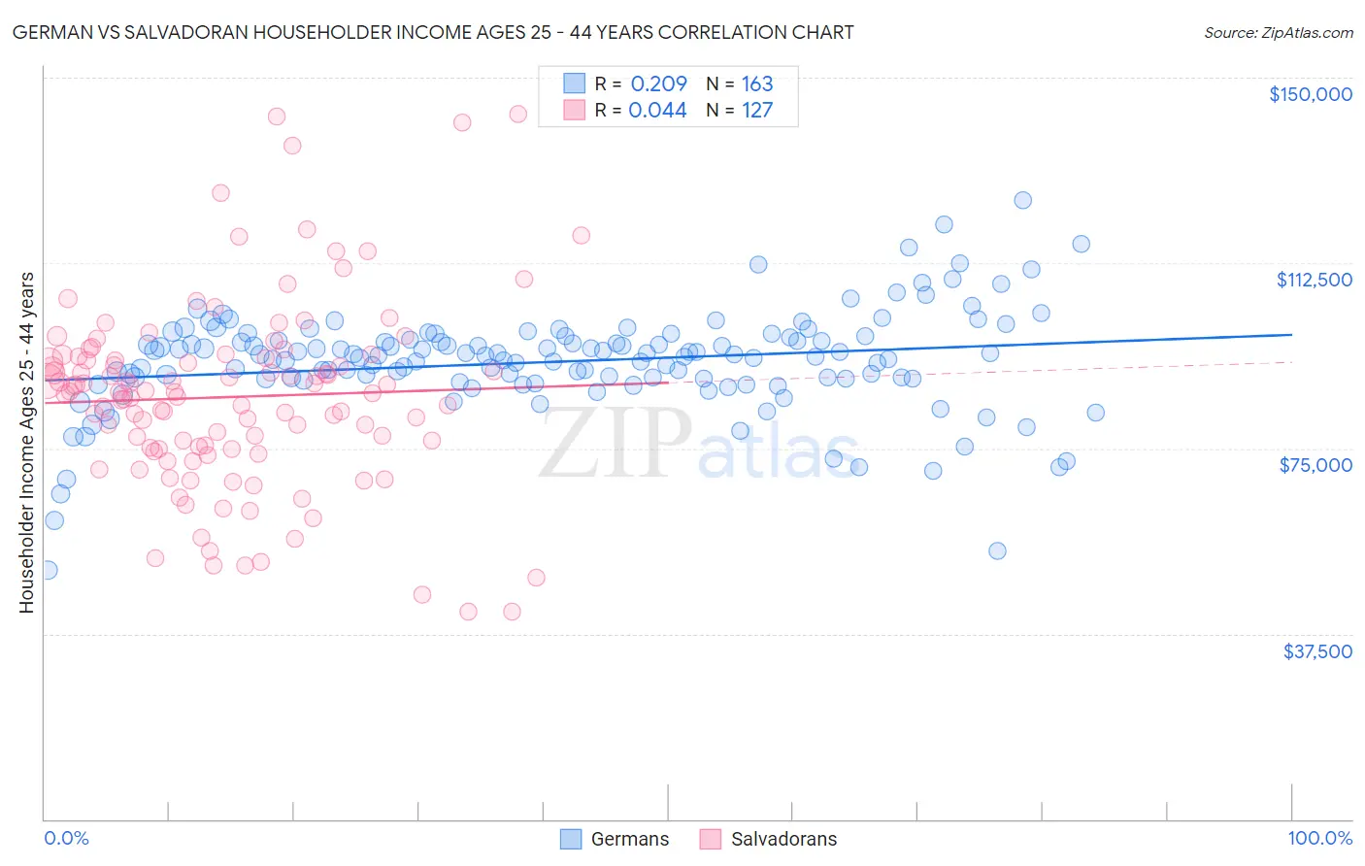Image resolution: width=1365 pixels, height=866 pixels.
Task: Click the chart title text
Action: click(433, 32)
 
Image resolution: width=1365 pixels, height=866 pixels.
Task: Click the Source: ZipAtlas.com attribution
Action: click(1278, 32)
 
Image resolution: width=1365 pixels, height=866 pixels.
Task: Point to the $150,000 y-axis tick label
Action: click(1310, 94)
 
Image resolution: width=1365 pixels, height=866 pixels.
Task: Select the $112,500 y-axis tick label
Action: click(1314, 280)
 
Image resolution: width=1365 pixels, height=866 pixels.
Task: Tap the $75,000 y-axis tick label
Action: click(1315, 465)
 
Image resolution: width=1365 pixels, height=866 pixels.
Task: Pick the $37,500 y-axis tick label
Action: click(1316, 651)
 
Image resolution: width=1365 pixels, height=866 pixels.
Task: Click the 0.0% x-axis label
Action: click(66, 838)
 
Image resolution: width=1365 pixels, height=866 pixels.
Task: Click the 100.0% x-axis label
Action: click(1319, 838)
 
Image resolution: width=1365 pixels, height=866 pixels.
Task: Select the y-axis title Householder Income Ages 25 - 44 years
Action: click(27, 443)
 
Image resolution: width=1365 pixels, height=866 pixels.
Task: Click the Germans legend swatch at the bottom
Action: click(571, 839)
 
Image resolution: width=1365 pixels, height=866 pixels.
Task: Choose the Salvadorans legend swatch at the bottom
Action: click(711, 839)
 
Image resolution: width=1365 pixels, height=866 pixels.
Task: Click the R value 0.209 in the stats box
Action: click(658, 83)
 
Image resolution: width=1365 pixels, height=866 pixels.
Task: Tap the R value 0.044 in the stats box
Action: click(657, 110)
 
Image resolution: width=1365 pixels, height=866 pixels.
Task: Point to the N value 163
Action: click(757, 83)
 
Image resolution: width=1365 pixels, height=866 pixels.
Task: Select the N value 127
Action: click(757, 110)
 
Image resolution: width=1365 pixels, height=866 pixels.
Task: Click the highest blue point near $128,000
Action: click(1022, 200)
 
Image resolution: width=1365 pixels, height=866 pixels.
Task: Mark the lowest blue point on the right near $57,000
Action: click(997, 550)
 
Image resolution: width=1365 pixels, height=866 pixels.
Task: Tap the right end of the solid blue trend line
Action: click(1291, 334)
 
